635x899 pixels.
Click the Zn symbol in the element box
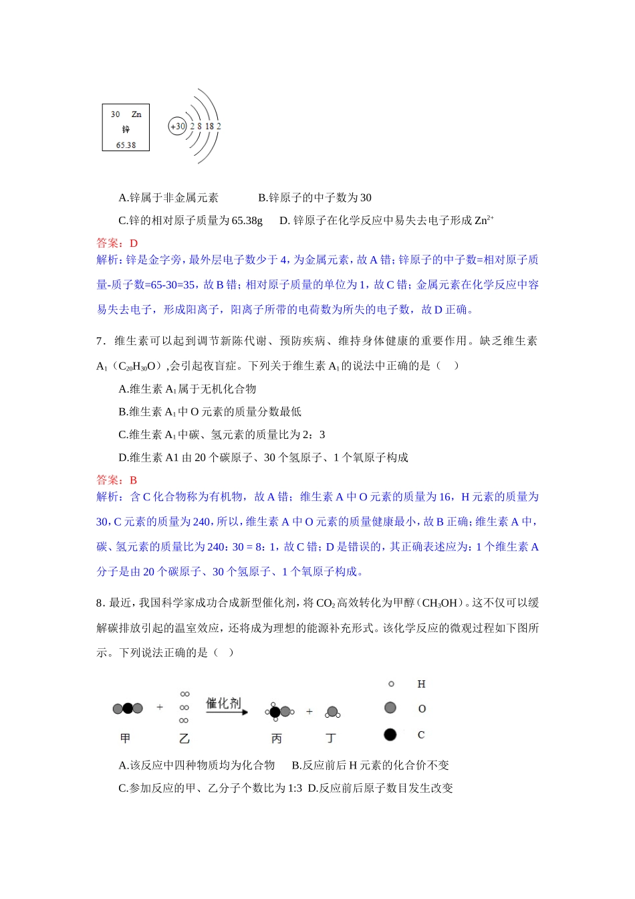136,114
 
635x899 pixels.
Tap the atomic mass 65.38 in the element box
126,145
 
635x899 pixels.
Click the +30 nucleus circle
177,126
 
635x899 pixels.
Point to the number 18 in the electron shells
209,126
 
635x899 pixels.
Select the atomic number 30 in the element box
116,114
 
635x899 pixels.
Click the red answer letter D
134,243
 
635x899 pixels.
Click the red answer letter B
134,480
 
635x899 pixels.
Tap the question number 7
100,341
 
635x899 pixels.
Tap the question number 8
99,603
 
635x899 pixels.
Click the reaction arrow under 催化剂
226,712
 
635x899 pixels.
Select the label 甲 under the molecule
125,738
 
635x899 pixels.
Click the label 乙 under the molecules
184,738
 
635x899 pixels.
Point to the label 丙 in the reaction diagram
277,738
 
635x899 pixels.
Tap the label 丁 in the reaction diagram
331,738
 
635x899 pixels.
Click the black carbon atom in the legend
390,734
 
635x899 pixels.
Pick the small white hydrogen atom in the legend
391,684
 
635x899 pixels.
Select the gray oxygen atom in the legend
390,708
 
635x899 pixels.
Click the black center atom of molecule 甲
128,708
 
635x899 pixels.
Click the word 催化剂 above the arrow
223,702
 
